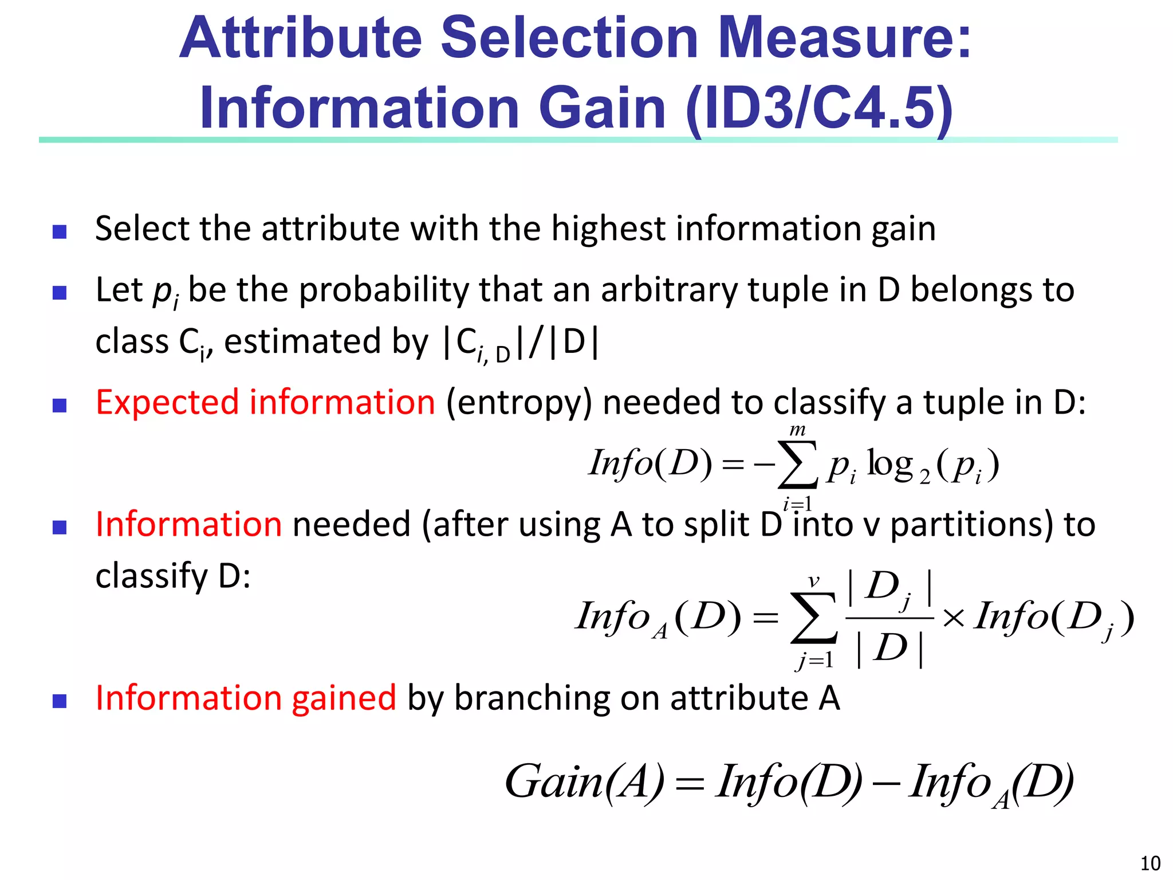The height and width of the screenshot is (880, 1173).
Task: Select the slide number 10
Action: point(1150,863)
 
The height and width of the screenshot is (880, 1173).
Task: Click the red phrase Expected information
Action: point(265,402)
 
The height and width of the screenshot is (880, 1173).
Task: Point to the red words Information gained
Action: point(246,698)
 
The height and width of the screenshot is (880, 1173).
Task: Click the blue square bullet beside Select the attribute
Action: point(60,231)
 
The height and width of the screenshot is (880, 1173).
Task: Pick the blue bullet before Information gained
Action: point(60,701)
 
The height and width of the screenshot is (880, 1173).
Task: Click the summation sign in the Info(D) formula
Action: point(797,465)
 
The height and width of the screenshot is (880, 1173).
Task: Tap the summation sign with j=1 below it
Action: point(813,618)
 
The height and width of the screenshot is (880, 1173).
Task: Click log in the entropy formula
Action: point(889,463)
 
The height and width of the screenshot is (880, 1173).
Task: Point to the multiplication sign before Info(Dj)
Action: point(953,618)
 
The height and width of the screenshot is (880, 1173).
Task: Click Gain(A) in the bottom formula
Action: point(584,782)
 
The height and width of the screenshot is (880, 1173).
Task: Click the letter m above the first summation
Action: point(797,430)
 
